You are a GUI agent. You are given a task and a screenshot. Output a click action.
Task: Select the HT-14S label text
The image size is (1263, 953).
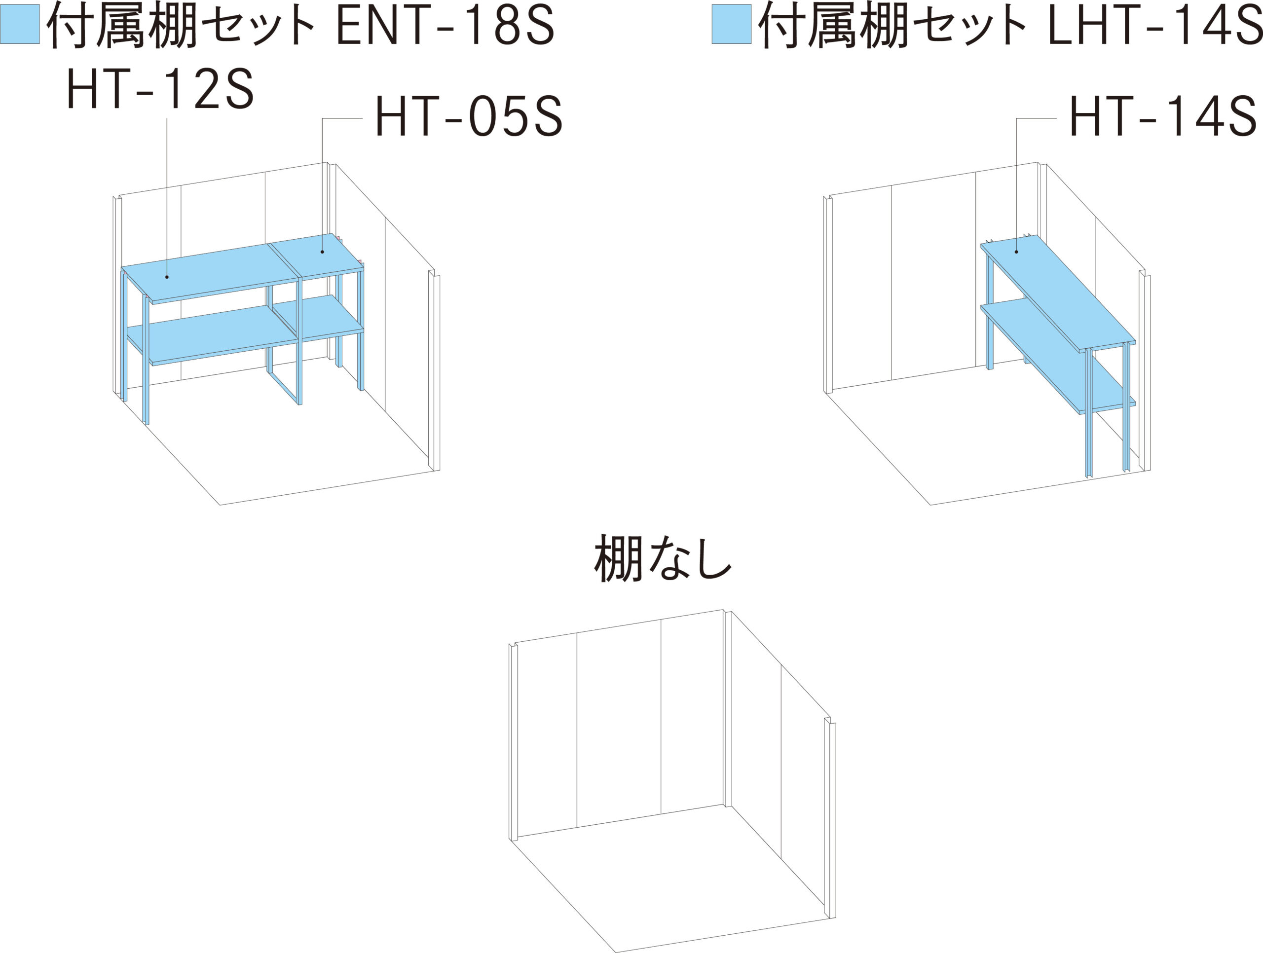tap(1162, 116)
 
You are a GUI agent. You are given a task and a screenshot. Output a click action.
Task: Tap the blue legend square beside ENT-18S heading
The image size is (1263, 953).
tap(20, 24)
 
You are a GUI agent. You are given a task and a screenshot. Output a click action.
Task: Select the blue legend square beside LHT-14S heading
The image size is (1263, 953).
tap(732, 24)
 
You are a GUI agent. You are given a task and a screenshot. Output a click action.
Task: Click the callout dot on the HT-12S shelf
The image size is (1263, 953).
tap(167, 277)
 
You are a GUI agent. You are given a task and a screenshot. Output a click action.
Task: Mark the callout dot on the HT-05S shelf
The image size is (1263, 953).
tap(323, 252)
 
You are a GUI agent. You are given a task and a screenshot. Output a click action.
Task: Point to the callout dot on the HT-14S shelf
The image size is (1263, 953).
tap(1016, 252)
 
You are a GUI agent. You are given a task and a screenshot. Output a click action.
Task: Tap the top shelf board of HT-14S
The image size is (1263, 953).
tap(1058, 294)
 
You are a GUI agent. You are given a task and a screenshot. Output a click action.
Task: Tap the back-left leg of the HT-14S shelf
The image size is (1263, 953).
tap(990, 311)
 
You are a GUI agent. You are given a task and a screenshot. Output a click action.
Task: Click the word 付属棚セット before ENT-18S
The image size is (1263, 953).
tap(182, 25)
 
